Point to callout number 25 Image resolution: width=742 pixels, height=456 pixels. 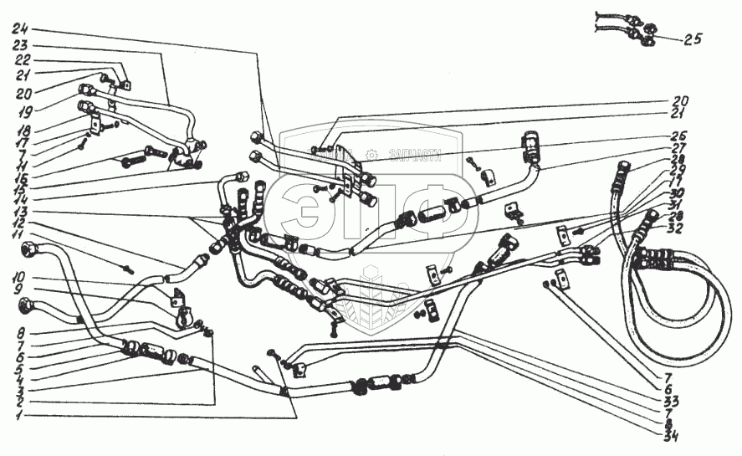(x=693, y=38)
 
